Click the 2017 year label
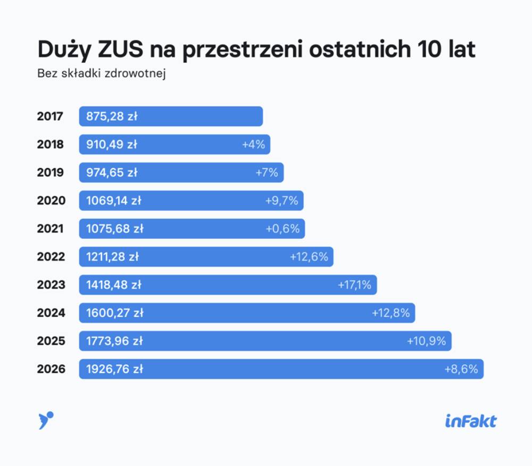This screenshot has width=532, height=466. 50,117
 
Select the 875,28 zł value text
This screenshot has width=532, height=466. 112,117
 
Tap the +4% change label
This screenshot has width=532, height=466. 253,144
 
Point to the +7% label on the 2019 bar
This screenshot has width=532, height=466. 267,172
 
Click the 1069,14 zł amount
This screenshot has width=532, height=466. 114,201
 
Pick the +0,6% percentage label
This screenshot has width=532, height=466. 282,229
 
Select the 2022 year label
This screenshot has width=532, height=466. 51,256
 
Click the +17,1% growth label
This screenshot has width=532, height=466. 354,285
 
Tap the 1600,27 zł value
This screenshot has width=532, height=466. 115,313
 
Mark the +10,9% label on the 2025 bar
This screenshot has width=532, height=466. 426,340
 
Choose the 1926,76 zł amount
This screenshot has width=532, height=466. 114,369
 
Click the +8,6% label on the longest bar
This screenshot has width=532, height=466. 461,369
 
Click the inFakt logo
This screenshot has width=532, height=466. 470,421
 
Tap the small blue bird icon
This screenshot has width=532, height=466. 46,420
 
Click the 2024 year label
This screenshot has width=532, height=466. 51,313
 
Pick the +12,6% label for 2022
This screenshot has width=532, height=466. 309,256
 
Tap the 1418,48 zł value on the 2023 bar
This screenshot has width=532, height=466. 114,285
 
